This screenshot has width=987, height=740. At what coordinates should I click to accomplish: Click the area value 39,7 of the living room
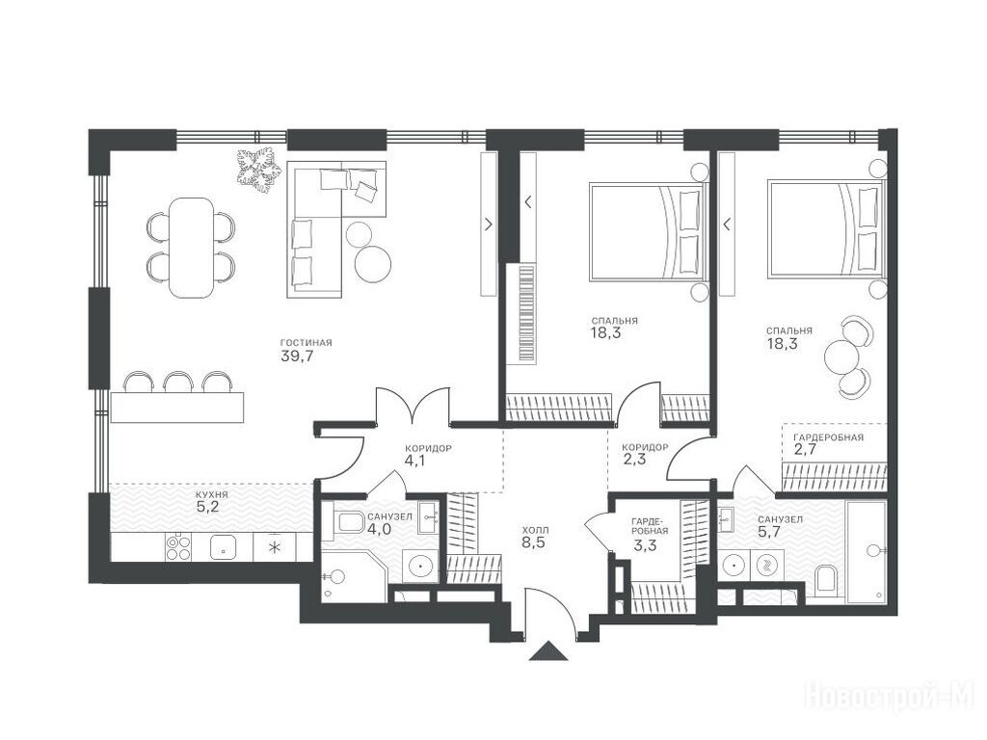click(297, 357)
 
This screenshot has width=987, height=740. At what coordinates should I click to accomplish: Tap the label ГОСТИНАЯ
click(306, 343)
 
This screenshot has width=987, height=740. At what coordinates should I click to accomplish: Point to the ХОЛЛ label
click(536, 530)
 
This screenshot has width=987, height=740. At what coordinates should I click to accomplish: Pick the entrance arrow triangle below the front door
click(548, 650)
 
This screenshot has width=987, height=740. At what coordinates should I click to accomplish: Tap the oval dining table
click(191, 248)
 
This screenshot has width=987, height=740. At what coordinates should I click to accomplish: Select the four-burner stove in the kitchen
click(178, 546)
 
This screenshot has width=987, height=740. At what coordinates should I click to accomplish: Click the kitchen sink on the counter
click(224, 547)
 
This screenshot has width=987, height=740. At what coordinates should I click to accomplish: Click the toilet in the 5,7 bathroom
click(825, 579)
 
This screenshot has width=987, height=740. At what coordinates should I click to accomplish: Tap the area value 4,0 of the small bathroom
click(380, 529)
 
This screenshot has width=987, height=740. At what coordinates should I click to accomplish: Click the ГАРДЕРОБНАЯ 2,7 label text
click(828, 437)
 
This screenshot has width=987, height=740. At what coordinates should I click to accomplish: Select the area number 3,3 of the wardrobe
click(645, 545)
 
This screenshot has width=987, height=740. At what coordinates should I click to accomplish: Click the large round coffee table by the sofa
click(373, 262)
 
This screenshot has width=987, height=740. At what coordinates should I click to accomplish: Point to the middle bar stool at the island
click(178, 382)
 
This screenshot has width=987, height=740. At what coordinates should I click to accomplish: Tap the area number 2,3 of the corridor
click(633, 460)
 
